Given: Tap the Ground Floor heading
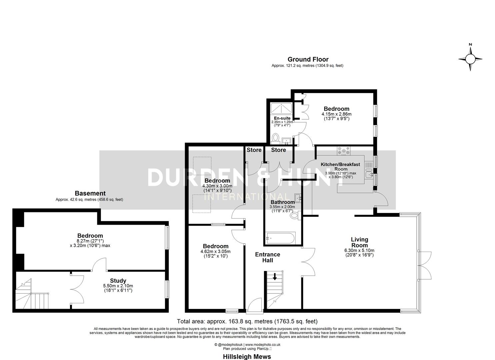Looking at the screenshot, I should tap(308, 60).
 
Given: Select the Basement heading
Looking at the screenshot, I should tap(90, 193).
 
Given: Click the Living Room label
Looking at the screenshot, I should tap(359, 242).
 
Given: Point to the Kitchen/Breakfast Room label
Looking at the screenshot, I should tap(340, 166).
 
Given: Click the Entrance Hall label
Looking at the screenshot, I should tap(267, 257).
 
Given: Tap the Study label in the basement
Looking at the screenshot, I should tap(118, 281).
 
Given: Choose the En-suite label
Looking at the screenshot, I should tap(282, 118).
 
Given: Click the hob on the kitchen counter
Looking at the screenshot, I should tap(344, 151).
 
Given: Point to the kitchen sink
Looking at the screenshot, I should tap(369, 174).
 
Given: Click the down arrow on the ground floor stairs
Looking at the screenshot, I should tap(275, 277).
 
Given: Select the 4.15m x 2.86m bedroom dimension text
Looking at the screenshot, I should tap(336, 114).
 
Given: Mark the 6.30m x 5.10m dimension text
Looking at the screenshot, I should tap(359, 250).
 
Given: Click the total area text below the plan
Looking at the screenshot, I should tap(247, 322).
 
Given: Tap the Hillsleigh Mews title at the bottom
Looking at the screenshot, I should tap(247, 357).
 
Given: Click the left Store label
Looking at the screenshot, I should tap(254, 150).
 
